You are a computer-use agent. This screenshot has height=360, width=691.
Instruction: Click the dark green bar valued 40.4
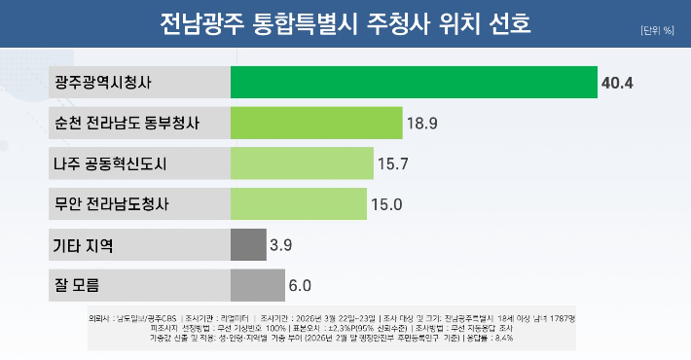(414, 82)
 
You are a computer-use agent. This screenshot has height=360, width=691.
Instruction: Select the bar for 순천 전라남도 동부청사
(316, 123)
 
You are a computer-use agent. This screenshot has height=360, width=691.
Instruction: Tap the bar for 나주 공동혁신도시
(302, 163)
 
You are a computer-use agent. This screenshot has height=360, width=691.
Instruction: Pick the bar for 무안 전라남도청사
(299, 204)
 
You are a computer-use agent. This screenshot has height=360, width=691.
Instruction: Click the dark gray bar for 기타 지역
(248, 245)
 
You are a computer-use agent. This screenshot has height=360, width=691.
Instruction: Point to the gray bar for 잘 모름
(257, 286)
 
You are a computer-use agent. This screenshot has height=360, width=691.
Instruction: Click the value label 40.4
(618, 83)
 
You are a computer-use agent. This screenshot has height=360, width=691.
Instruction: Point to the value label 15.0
(387, 205)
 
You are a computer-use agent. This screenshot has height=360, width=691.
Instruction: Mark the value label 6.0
(299, 286)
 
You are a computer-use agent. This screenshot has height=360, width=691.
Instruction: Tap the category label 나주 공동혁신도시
(112, 163)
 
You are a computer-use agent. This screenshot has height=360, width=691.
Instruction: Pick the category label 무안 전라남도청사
(112, 204)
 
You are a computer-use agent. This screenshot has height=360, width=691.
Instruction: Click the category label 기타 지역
(84, 245)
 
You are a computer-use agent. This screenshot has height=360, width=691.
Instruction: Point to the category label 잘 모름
(78, 286)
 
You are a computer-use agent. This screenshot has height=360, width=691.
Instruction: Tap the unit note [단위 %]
(657, 30)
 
